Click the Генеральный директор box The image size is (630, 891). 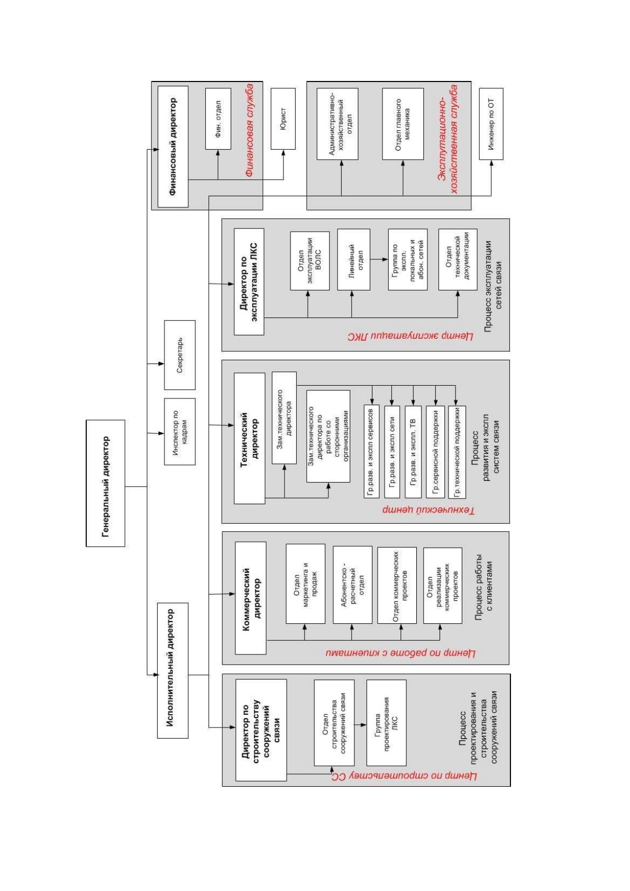point(105,483)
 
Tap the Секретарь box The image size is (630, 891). point(180,355)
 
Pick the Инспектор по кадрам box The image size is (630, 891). point(180,432)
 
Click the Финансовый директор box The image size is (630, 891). point(173,147)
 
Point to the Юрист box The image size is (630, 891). point(283,119)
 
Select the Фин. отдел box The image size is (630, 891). point(218,119)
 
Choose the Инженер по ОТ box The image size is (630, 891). point(491,124)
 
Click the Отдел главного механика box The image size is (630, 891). point(403,124)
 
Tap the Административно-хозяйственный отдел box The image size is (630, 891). point(337,124)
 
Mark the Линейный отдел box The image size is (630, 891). point(353,260)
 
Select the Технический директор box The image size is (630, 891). point(249,438)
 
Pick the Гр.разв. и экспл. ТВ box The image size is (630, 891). point(413,452)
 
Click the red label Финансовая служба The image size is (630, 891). point(250,130)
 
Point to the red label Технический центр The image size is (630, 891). point(429,511)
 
